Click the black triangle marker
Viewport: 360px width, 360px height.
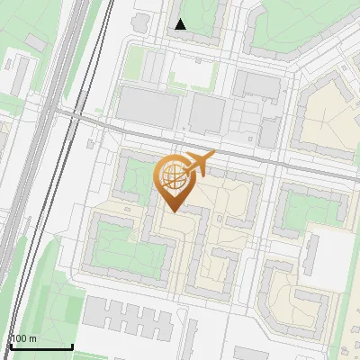181,24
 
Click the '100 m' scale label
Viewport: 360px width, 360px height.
24,339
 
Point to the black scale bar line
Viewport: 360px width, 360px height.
41,346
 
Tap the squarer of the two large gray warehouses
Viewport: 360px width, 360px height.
207,115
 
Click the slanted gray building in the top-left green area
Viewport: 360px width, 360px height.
35,41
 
